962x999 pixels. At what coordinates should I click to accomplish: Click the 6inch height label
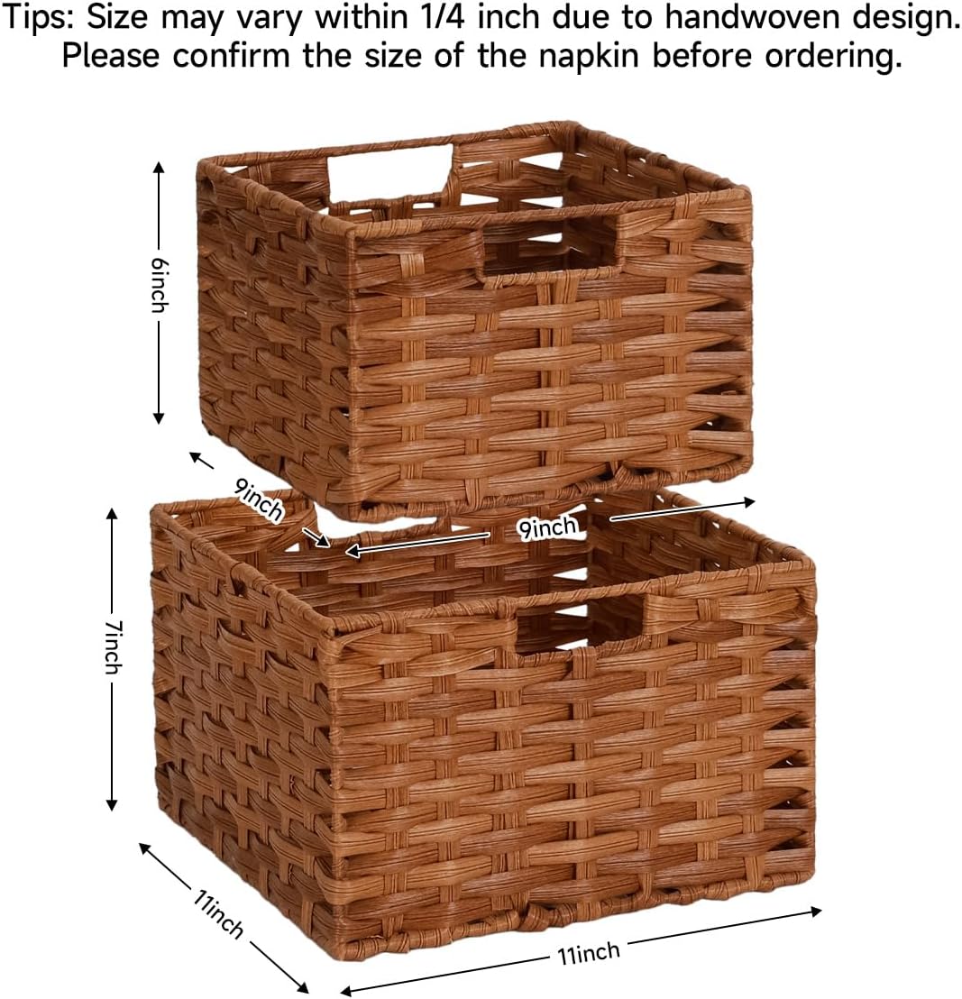[160, 285]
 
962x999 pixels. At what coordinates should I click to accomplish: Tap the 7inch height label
[112, 646]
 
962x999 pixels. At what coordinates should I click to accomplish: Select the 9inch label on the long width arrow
[547, 526]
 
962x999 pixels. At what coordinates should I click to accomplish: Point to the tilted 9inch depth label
[260, 499]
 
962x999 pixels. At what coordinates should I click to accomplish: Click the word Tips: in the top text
[37, 18]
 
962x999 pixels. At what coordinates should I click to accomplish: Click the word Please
[112, 57]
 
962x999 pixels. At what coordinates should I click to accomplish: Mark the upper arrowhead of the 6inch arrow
[160, 167]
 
